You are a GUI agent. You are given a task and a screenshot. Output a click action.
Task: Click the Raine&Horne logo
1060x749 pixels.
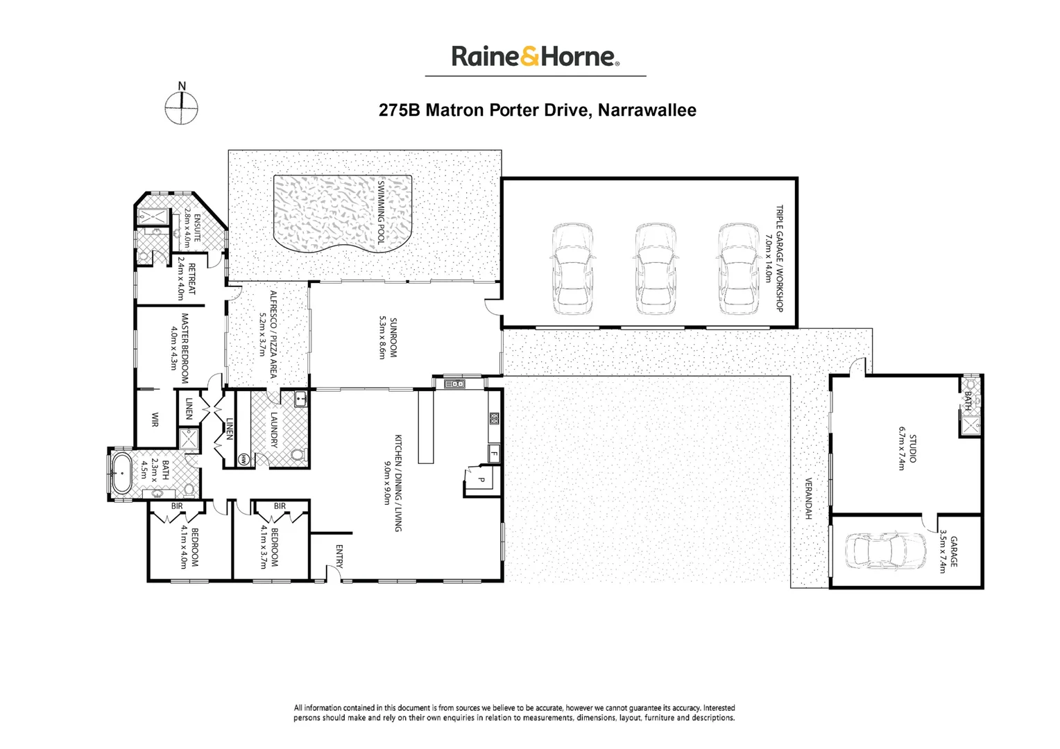coord(535,56)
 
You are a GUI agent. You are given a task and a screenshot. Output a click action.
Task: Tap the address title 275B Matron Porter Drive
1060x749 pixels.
coord(537,110)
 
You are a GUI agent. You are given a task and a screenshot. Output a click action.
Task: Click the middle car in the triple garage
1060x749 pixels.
coord(655,269)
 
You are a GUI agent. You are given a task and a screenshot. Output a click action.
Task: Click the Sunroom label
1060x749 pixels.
coord(387,338)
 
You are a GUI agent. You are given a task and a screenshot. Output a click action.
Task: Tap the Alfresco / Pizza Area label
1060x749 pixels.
coord(268,333)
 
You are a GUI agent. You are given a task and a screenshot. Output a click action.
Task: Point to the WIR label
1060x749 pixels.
coord(155,420)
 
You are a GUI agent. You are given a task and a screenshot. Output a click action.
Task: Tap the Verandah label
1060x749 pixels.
coord(808,499)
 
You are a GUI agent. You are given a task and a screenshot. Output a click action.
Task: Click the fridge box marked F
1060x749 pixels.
coord(494,454)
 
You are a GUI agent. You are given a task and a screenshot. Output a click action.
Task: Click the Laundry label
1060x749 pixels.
coord(274,429)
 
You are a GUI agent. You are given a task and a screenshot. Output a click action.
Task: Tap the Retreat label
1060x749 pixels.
coord(187,278)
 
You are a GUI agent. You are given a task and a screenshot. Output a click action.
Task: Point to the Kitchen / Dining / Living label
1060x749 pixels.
coord(393,483)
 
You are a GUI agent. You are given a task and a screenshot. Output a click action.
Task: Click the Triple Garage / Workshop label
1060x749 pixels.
coord(773,258)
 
